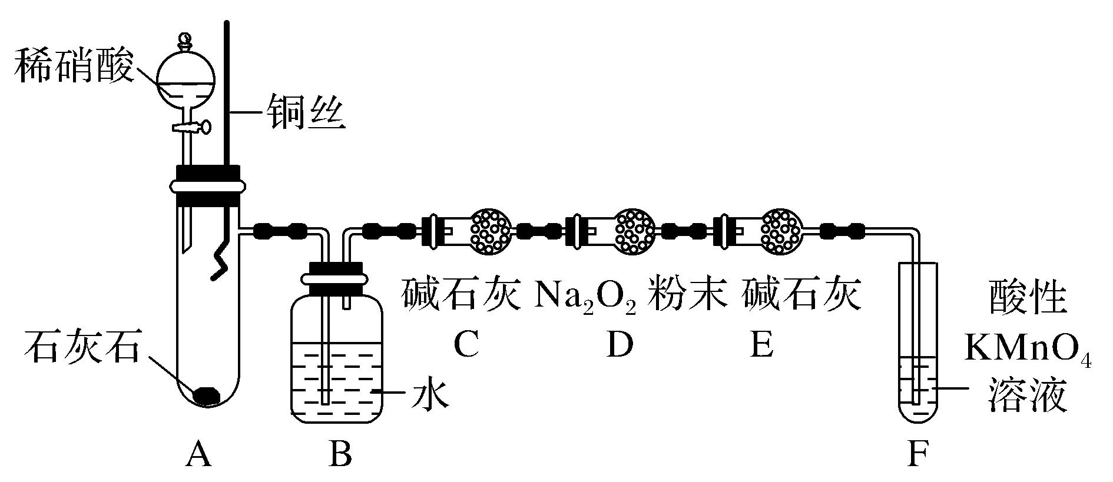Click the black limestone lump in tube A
point(207,395)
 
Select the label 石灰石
point(81,348)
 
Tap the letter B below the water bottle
point(340,454)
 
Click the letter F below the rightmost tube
point(917,454)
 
